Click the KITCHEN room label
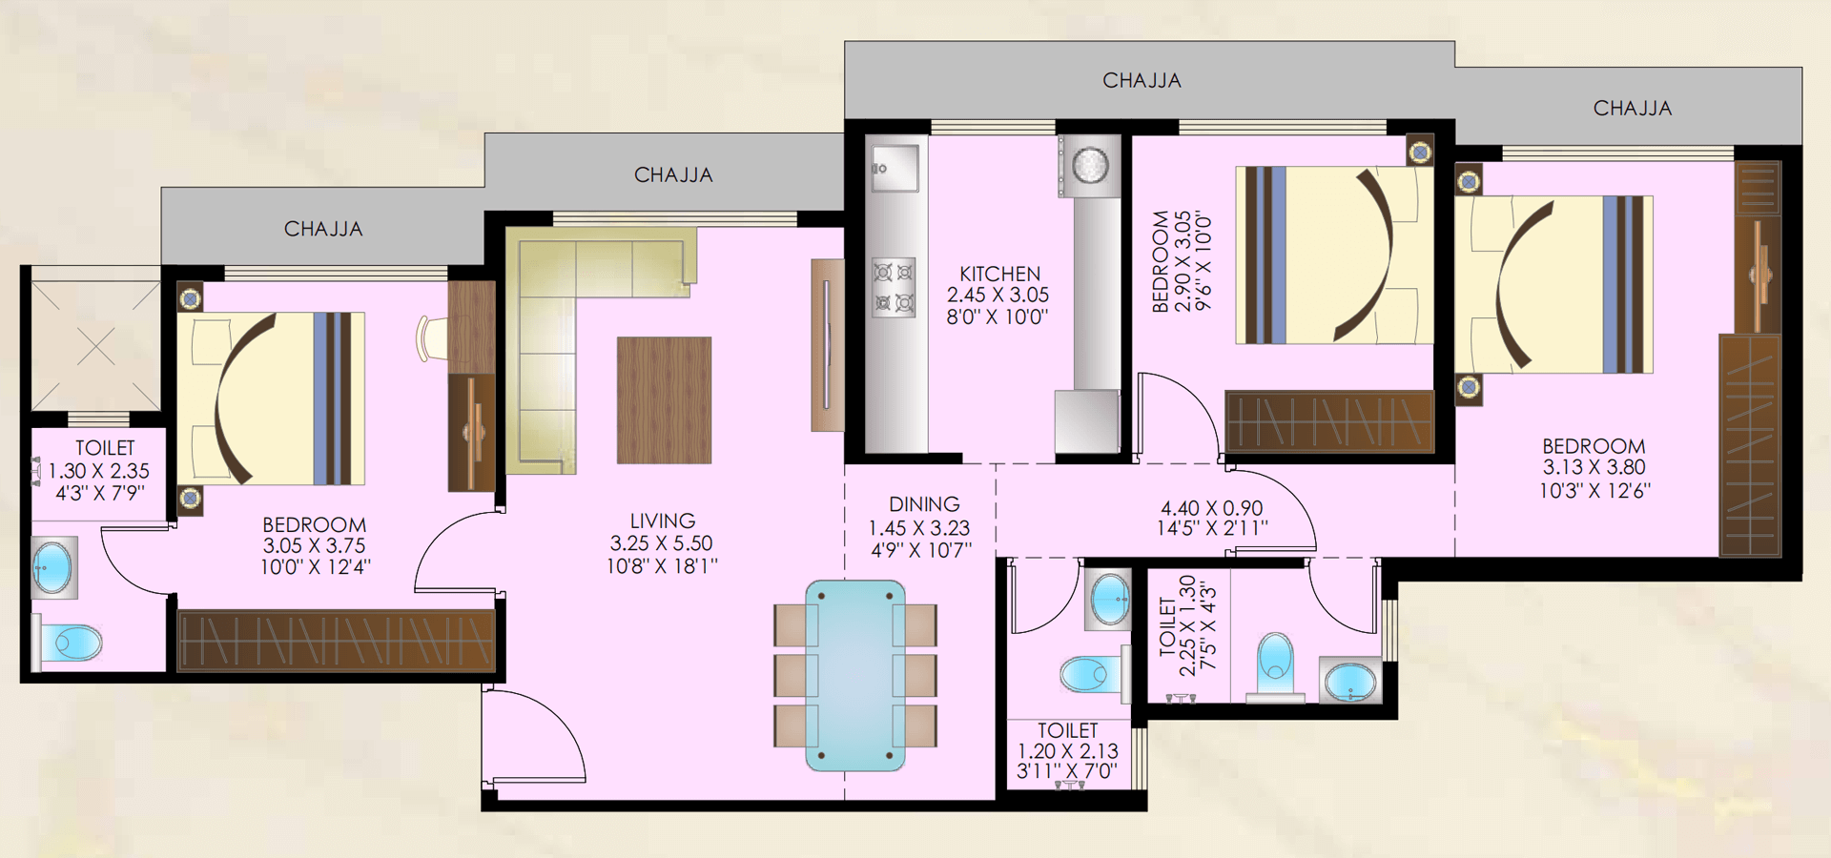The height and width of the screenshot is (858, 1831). (x=999, y=274)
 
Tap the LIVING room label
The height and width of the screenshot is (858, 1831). (x=662, y=521)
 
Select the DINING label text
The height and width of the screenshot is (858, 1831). (x=923, y=504)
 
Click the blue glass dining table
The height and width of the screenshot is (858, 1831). (x=855, y=676)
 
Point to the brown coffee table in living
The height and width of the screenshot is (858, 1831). (x=664, y=400)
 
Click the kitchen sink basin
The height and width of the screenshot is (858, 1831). (x=895, y=168)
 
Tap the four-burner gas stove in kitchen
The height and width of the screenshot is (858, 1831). (x=894, y=287)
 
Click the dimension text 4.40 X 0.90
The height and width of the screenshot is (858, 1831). (x=1211, y=508)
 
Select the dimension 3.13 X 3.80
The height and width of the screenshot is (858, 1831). (x=1594, y=467)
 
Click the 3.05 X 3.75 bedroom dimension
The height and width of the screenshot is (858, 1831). (x=314, y=545)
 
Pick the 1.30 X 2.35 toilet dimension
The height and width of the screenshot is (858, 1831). (x=99, y=471)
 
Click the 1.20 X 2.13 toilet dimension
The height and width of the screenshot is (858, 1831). (x=1067, y=751)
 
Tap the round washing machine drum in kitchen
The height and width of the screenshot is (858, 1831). (x=1090, y=165)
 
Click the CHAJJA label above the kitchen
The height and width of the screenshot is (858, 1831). (x=1142, y=81)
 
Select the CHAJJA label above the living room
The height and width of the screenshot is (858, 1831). (x=673, y=175)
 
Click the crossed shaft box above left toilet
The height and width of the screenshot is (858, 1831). (x=95, y=346)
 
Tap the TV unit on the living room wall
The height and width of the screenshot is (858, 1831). (x=827, y=345)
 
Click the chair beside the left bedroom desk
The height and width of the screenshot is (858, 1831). (x=431, y=339)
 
